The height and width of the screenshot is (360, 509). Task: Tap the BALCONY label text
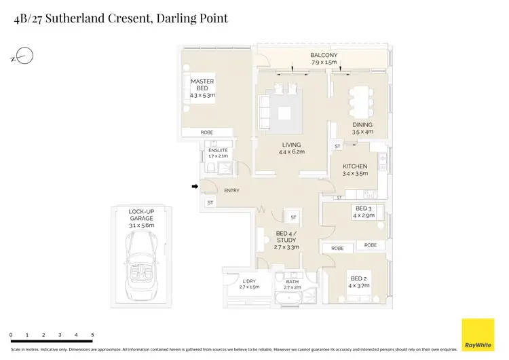click(x=324, y=56)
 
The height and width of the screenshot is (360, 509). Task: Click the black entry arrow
click(x=195, y=186)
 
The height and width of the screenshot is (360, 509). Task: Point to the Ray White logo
click(x=478, y=335)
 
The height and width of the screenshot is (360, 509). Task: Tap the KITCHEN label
click(x=354, y=166)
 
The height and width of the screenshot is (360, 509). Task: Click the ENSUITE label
click(x=218, y=150)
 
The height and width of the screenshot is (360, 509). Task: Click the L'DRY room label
click(x=249, y=281)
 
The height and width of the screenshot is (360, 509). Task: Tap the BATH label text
click(x=292, y=281)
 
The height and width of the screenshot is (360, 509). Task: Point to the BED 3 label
click(x=364, y=209)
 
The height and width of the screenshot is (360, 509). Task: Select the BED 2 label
click(x=359, y=278)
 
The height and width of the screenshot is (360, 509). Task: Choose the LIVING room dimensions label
click(x=292, y=152)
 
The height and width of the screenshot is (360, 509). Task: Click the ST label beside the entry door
click(x=210, y=202)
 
